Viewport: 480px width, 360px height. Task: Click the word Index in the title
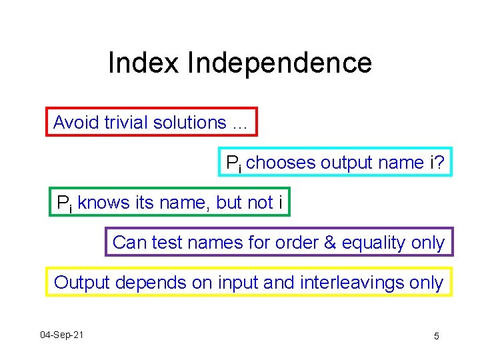(x=143, y=63)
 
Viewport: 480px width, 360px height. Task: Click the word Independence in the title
(x=279, y=63)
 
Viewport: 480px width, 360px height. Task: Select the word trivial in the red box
(x=125, y=123)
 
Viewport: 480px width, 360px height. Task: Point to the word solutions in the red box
(x=189, y=123)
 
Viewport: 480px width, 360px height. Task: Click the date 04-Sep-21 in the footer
(x=61, y=334)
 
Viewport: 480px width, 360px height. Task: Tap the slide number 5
(x=436, y=336)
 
